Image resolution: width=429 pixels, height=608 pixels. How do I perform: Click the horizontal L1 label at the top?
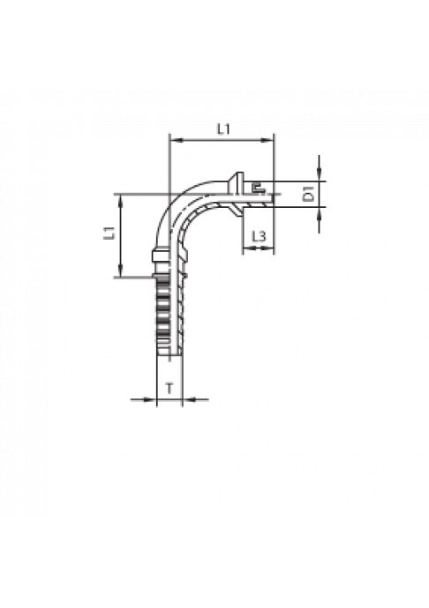tap(223, 130)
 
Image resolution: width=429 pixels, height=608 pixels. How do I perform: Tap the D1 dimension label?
tap(309, 194)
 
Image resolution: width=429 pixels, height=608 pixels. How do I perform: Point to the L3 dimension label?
tap(259, 236)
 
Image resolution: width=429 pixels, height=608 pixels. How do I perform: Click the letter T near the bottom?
tap(169, 388)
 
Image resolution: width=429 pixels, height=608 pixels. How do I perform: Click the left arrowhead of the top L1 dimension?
tap(175, 140)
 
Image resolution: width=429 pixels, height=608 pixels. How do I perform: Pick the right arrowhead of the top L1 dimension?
tap(269, 140)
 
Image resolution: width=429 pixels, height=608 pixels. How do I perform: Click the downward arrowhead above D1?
tap(319, 175)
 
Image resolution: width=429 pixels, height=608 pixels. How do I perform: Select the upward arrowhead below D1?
tap(319, 212)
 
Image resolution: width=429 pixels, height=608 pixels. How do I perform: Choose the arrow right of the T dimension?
tap(195, 399)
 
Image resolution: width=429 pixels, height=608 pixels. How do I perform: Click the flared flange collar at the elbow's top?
tap(235, 193)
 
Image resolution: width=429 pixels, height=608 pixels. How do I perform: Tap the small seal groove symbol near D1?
tap(257, 189)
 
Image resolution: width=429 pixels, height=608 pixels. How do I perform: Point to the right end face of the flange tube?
tap(273, 194)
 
